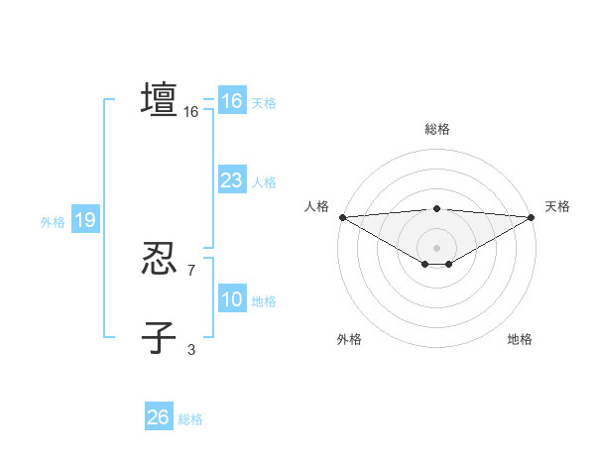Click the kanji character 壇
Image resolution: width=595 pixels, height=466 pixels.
click(159, 100)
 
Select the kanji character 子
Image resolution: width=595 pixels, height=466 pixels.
click(159, 337)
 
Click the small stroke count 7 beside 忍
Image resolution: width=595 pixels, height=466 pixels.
click(191, 270)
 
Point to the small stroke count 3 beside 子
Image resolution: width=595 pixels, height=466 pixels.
click(191, 348)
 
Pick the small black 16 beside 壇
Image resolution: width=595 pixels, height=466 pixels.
click(191, 112)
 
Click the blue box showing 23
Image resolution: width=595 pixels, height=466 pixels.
click(231, 180)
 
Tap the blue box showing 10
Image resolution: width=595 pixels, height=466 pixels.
click(231, 299)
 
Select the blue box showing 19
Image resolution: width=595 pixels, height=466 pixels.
click(84, 220)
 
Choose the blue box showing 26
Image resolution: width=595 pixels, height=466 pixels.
click(158, 417)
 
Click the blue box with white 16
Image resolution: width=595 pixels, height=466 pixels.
click(231, 101)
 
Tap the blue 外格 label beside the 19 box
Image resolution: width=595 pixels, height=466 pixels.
click(53, 222)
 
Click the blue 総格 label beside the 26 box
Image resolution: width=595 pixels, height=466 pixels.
click(190, 419)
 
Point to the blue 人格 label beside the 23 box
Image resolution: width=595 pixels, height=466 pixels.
click(264, 182)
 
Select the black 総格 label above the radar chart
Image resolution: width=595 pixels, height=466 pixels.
click(436, 129)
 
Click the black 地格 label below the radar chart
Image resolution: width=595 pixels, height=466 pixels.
click(520, 339)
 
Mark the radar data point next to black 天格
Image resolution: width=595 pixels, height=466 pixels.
click(531, 217)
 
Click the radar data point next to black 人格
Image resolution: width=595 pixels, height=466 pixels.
click(342, 217)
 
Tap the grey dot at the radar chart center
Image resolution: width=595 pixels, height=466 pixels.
click(436, 247)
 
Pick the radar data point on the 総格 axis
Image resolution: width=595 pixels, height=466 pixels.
click(436, 208)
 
